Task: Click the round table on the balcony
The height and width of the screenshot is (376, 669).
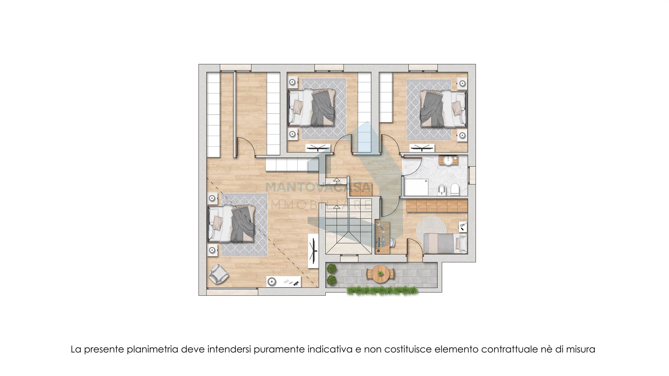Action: click(380, 274)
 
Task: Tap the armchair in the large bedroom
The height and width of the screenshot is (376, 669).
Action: click(218, 274)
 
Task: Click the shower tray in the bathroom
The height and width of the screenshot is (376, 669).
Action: click(416, 187)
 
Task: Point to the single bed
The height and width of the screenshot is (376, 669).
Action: click(445, 243)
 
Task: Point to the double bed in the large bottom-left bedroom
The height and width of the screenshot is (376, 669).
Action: click(231, 224)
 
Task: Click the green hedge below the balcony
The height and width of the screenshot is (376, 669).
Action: click(380, 290)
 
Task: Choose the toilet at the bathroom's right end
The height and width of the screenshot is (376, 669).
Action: click(455, 190)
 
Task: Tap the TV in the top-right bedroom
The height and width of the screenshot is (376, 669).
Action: click(422, 148)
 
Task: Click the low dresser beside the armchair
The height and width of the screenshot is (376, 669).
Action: click(284, 282)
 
